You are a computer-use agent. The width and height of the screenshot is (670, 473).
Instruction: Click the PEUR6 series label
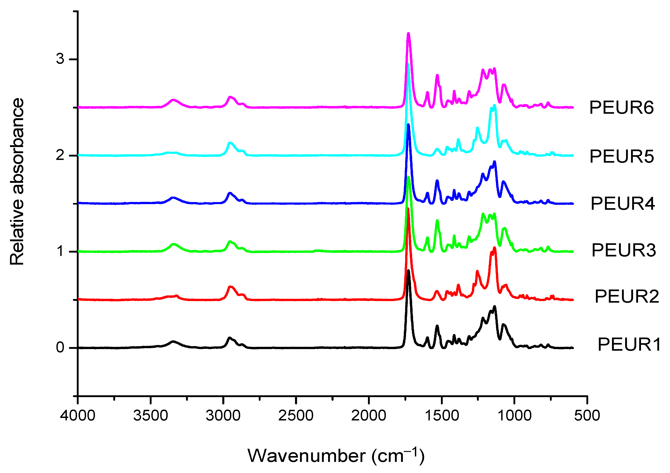click(621, 107)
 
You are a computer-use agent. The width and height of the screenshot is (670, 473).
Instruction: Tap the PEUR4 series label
click(623, 203)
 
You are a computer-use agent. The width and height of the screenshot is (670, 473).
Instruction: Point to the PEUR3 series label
click(624, 250)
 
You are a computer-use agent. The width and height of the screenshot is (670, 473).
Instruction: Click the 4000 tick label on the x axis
click(78, 415)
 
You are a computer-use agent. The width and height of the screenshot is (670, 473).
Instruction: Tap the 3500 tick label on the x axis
click(151, 415)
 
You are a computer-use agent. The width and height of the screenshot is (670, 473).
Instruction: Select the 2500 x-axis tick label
click(296, 415)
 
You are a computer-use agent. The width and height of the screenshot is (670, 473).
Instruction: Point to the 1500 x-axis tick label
click(442, 415)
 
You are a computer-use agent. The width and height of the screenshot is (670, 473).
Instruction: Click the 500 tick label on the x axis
click(587, 415)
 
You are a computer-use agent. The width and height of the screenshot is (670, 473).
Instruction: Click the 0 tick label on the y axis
click(60, 347)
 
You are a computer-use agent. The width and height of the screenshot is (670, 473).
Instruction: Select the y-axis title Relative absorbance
click(17, 181)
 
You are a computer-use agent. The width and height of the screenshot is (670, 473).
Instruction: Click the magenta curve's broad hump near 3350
click(173, 100)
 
